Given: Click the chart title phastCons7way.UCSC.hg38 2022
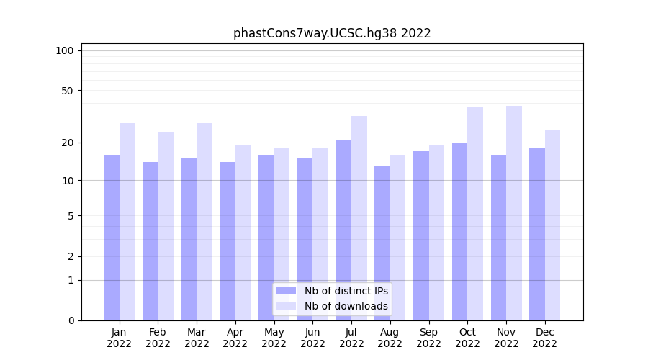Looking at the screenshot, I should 332,33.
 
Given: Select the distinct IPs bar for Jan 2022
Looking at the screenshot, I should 112,238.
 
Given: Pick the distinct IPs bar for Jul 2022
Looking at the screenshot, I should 343,230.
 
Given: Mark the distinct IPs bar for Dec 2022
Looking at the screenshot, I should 537,234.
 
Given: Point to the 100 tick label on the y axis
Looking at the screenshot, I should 65,50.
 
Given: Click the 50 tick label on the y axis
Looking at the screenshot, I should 67,91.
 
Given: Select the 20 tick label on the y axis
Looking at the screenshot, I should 67,143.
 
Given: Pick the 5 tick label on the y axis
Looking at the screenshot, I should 70,215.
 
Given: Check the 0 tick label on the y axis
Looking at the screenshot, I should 70,320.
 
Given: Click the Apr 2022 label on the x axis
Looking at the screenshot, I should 235,338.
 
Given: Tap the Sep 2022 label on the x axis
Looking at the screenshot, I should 428,338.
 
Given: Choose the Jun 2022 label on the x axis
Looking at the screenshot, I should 312,338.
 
